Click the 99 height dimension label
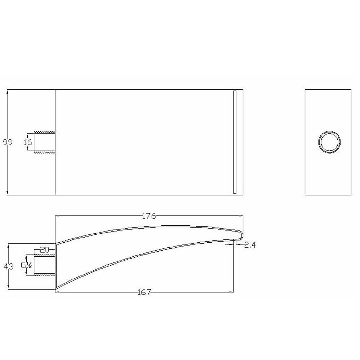(8, 142)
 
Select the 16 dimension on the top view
(28, 143)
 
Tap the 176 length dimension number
(149, 216)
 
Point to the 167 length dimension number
(144, 292)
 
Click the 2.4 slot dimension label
(250, 246)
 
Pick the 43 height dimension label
(9, 266)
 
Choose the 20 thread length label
(45, 250)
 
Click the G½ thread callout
(26, 265)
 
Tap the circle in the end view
(329, 131)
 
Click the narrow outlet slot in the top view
(235, 142)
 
